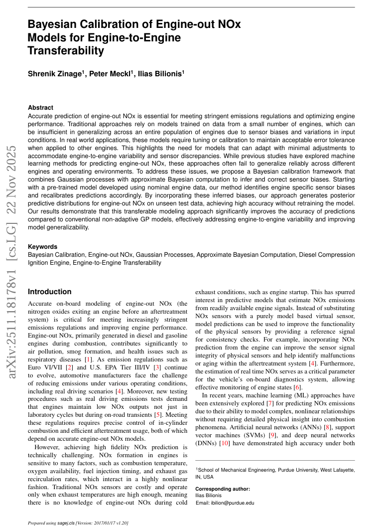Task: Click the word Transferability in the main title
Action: [x=66, y=51]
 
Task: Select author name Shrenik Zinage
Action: [x=54, y=74]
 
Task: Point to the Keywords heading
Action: [x=42, y=247]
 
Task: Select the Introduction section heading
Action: [x=49, y=292]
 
